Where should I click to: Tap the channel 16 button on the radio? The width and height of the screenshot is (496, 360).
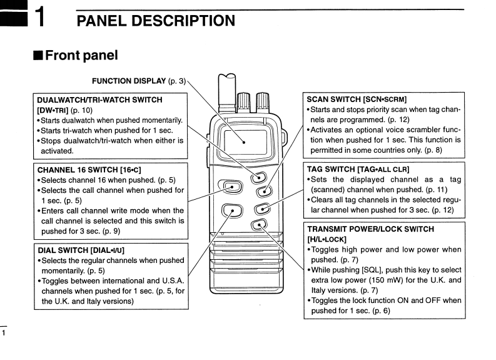tap(231, 186)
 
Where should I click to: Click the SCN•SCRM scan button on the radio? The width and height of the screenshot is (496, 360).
tap(264, 192)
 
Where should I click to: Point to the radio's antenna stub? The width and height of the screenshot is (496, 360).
tap(227, 88)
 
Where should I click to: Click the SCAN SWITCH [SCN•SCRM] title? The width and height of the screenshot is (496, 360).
tap(357, 100)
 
